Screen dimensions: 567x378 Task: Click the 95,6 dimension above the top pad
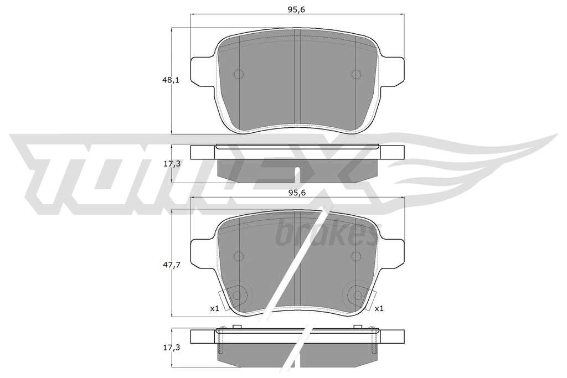tap(297, 10)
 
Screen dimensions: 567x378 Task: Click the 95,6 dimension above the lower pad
tap(297, 193)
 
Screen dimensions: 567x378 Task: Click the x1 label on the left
tap(215, 309)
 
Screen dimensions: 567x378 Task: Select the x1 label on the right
tap(379, 309)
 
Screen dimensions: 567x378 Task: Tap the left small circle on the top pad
tap(238, 75)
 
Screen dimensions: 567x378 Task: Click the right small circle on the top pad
tap(356, 75)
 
